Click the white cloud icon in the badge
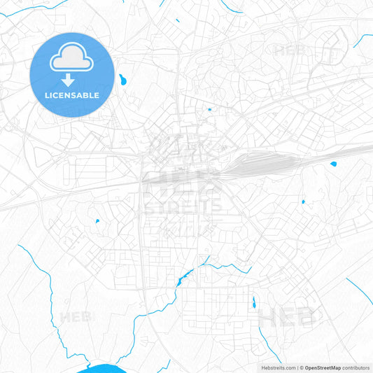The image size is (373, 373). tap(72, 60)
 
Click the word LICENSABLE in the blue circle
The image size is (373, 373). tap(72, 95)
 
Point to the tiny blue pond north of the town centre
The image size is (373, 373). tap(209, 109)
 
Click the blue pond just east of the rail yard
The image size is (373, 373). tap(333, 164)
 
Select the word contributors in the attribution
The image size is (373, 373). tap(356, 367)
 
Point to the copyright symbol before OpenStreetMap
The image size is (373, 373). tap(302, 367)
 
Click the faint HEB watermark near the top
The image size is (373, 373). tap(288, 50)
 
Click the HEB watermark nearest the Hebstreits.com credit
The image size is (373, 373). tap(287, 318)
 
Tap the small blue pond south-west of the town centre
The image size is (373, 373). tap(97, 222)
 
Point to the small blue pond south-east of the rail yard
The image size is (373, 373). tap(303, 202)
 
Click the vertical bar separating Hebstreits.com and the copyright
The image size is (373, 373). tap(297, 367)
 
